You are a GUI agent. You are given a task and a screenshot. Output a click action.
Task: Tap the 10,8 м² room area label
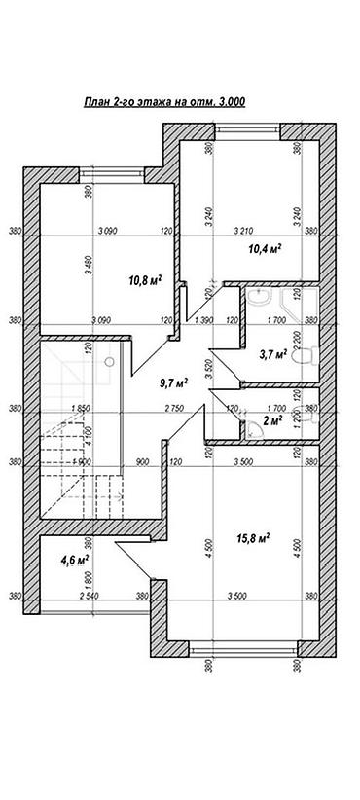[x=144, y=281]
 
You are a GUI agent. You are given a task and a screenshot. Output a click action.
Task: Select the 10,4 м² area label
[x=265, y=250]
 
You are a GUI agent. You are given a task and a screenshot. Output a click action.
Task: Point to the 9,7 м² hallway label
[x=173, y=382]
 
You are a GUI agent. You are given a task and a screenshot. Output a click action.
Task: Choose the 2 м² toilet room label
[x=272, y=420]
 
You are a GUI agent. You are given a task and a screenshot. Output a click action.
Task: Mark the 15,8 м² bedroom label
[x=252, y=537]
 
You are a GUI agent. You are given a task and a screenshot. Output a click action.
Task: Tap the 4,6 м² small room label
[x=75, y=560]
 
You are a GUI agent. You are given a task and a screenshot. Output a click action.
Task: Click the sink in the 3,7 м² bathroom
[x=258, y=297]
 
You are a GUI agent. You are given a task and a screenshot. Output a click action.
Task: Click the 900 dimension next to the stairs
[x=141, y=462]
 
